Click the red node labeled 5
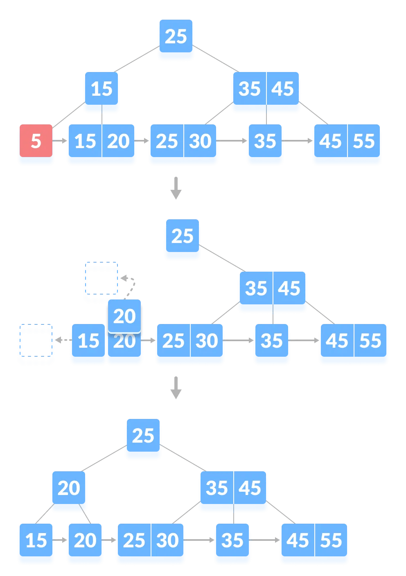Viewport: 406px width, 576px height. tap(36, 141)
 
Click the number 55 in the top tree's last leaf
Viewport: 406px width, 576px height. tap(364, 142)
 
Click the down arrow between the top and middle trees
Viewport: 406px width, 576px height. tap(176, 188)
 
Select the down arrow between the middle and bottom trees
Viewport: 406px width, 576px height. tap(176, 388)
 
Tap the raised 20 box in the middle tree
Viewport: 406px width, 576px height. tap(124, 316)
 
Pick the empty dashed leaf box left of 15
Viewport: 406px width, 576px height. tap(36, 345)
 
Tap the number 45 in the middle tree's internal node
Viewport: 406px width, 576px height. tap(289, 289)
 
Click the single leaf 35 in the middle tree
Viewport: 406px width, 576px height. tap(271, 341)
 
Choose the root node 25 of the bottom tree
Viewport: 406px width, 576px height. tap(143, 436)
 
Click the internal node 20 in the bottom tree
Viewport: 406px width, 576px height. tap(69, 488)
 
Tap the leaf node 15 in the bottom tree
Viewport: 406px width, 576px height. tap(36, 541)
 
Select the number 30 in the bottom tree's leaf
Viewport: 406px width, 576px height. tap(167, 541)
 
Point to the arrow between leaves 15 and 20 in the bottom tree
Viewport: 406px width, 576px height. tap(61, 540)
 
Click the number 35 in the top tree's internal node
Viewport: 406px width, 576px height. tap(249, 89)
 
